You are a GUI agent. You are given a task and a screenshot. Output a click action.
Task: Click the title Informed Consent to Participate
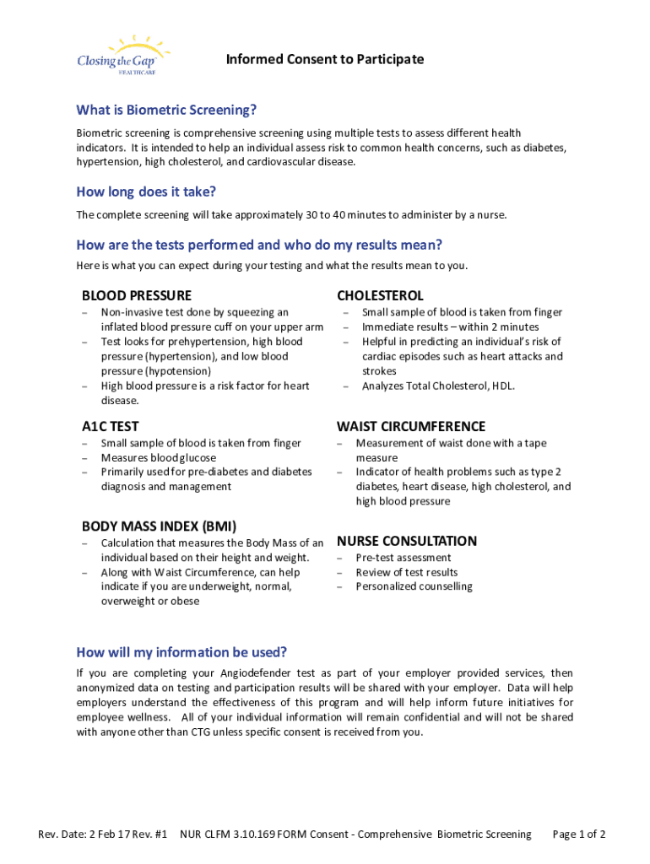pyautogui.click(x=324, y=59)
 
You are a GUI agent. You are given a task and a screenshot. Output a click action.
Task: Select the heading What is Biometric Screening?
pyautogui.click(x=166, y=111)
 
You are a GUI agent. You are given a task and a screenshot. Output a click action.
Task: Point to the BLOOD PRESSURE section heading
pyautogui.click(x=136, y=295)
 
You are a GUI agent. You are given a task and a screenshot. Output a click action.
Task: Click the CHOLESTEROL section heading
pyautogui.click(x=380, y=295)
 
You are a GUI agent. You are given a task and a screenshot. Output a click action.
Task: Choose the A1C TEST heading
pyautogui.click(x=111, y=426)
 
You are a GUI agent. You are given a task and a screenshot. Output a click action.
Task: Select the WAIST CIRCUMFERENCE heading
pyautogui.click(x=411, y=426)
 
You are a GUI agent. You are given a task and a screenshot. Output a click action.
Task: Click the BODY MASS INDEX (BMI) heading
pyautogui.click(x=159, y=526)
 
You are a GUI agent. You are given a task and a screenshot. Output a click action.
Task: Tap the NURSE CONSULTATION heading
pyautogui.click(x=407, y=541)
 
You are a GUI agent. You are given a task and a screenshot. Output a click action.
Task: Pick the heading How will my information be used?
pyautogui.click(x=181, y=652)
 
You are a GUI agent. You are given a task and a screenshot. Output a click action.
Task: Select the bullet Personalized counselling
pyautogui.click(x=414, y=586)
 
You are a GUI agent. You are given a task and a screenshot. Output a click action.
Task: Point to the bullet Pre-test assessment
pyautogui.click(x=403, y=558)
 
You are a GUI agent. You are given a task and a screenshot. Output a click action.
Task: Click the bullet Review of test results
pyautogui.click(x=406, y=572)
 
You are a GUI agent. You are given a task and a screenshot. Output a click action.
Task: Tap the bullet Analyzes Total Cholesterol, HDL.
pyautogui.click(x=438, y=386)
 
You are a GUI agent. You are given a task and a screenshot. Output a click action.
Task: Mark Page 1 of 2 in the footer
pyautogui.click(x=578, y=834)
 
